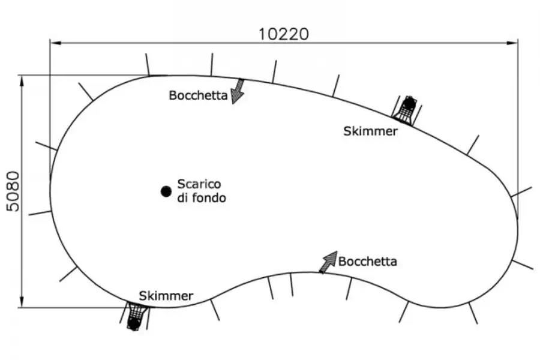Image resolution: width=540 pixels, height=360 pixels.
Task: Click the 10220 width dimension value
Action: click(283, 34)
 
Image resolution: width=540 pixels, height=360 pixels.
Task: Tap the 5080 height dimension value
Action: click(13, 191)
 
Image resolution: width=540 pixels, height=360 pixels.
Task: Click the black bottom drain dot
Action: click(166, 191)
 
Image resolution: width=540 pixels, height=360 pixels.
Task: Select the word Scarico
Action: click(199, 184)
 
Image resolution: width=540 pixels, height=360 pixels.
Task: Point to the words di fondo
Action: click(202, 198)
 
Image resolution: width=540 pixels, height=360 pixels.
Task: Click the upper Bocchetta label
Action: click(198, 95)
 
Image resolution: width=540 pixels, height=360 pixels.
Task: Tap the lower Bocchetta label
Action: click(367, 262)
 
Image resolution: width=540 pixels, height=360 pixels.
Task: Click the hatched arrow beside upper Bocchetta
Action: click(237, 91)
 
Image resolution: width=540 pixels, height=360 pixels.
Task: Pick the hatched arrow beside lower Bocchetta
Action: click(328, 262)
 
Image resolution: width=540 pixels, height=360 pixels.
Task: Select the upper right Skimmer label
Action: click(370, 131)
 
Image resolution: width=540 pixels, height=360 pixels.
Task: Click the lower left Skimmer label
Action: click(166, 296)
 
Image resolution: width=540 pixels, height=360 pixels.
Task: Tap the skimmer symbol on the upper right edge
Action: click(407, 110)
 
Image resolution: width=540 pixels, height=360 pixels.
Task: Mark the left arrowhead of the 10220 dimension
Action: click(56, 43)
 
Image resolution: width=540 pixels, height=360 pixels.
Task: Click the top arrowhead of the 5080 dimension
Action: click(22, 80)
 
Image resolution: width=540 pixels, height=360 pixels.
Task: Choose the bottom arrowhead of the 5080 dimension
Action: click(22, 301)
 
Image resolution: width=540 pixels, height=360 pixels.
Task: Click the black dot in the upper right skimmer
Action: click(409, 103)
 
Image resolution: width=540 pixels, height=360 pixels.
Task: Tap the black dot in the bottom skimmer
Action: click(133, 323)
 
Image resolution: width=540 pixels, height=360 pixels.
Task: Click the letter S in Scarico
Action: click(181, 184)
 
